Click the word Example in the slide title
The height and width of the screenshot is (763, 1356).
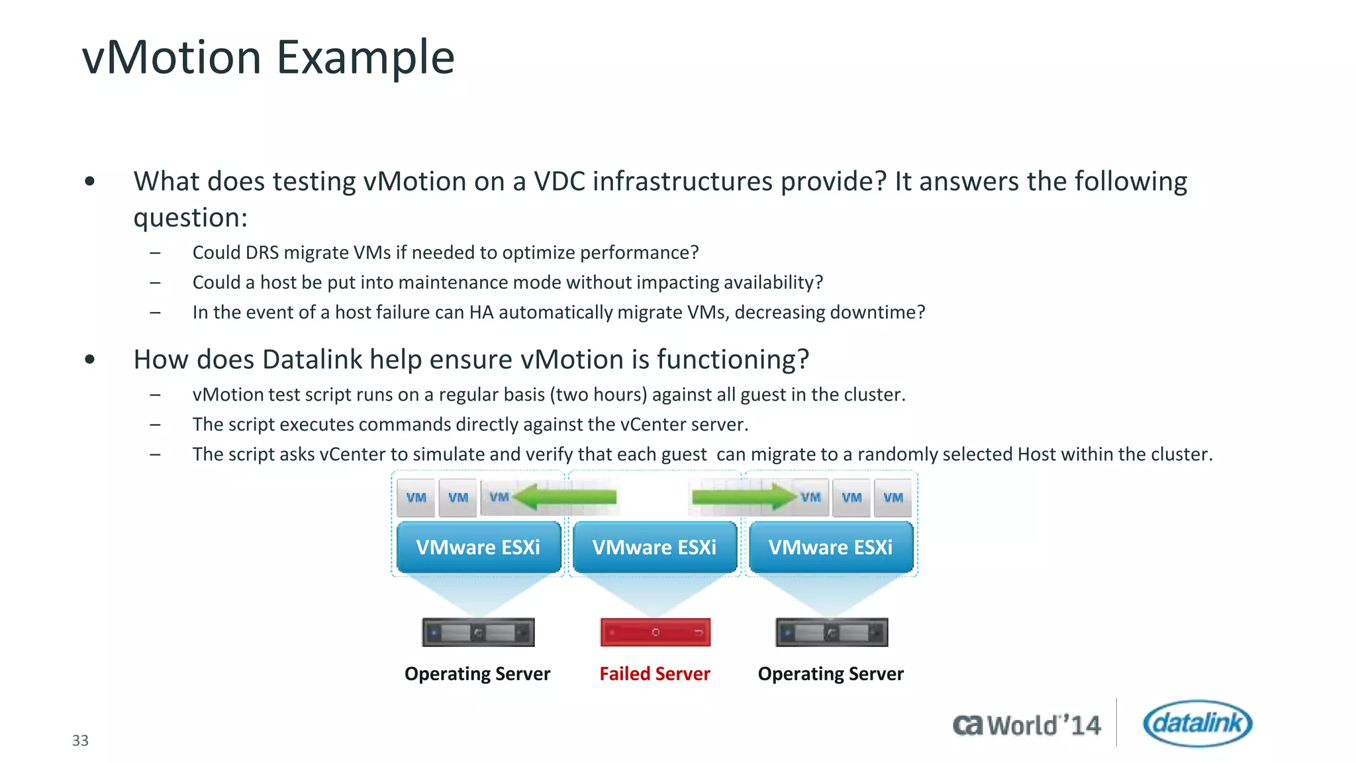pos(365,58)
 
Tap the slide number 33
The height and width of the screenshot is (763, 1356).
pos(80,740)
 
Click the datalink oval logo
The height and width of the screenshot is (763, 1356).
pos(1197,723)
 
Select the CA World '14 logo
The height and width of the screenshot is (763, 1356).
pos(1026,725)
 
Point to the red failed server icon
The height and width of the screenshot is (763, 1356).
pos(655,633)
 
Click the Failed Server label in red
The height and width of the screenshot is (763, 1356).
pos(654,674)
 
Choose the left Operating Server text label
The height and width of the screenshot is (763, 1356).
pos(477,674)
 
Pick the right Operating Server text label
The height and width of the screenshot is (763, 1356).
pos(830,674)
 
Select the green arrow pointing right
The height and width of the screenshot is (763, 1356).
pos(742,497)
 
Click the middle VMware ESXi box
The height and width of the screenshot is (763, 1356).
pos(654,547)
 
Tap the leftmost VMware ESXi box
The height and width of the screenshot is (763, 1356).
pos(478,547)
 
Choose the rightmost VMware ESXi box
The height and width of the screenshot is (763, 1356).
pos(830,547)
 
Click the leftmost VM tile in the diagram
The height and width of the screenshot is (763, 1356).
pos(416,498)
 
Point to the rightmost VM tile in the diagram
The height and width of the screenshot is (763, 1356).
pos(893,498)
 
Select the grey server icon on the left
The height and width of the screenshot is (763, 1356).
pos(478,633)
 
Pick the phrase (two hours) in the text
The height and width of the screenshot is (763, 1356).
pos(598,395)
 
